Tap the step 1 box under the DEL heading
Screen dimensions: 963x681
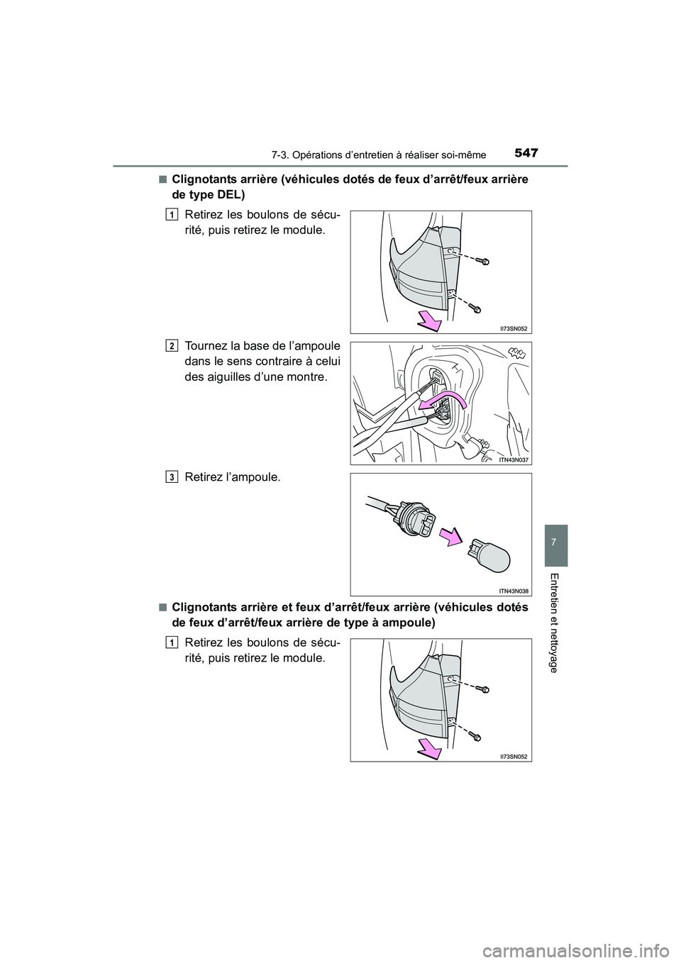[x=173, y=215]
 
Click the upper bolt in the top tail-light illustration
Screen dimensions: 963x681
[x=485, y=262]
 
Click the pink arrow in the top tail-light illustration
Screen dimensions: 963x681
[x=428, y=320]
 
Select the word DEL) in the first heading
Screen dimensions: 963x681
[x=230, y=195]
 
